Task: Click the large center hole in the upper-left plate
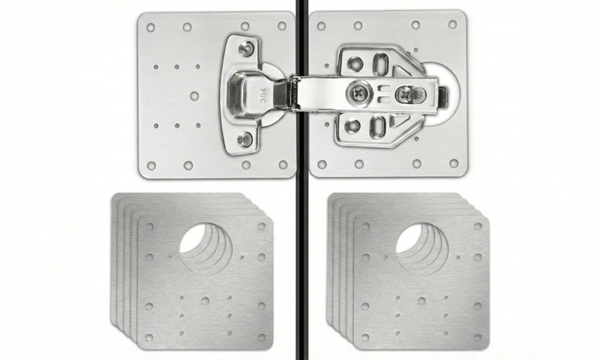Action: point(195,95)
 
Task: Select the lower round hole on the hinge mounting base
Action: point(353,126)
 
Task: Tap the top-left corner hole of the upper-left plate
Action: point(151,27)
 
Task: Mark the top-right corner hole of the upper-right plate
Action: point(452,24)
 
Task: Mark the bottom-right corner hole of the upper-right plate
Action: point(453,163)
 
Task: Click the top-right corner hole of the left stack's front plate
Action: point(261,227)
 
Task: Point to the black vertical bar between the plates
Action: point(300,206)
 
